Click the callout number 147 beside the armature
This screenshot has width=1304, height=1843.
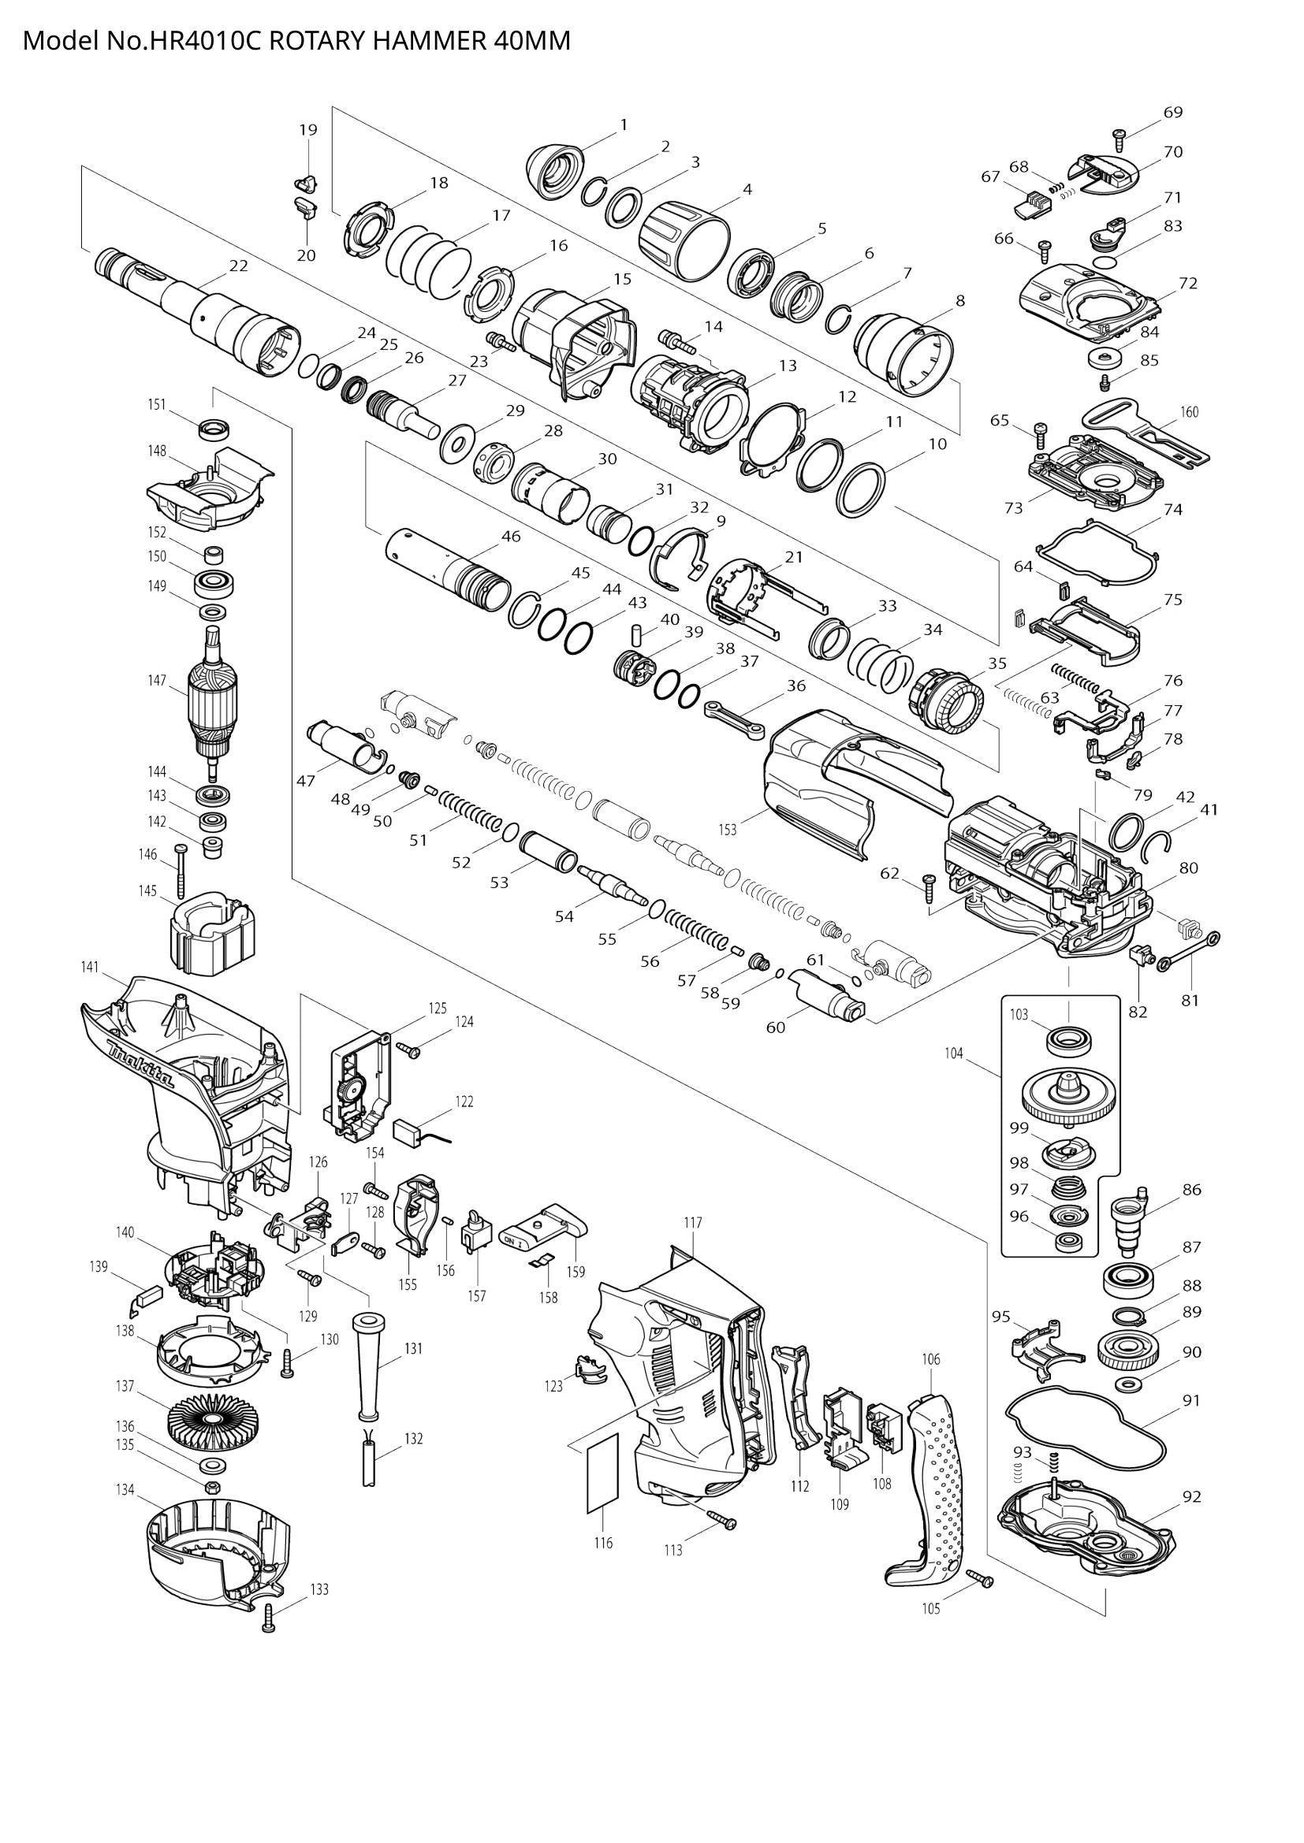157,681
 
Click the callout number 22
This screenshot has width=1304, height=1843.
238,266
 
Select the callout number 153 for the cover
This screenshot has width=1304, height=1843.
727,830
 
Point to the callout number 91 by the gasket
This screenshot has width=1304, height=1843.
1191,1400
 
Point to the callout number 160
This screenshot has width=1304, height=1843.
1189,412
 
